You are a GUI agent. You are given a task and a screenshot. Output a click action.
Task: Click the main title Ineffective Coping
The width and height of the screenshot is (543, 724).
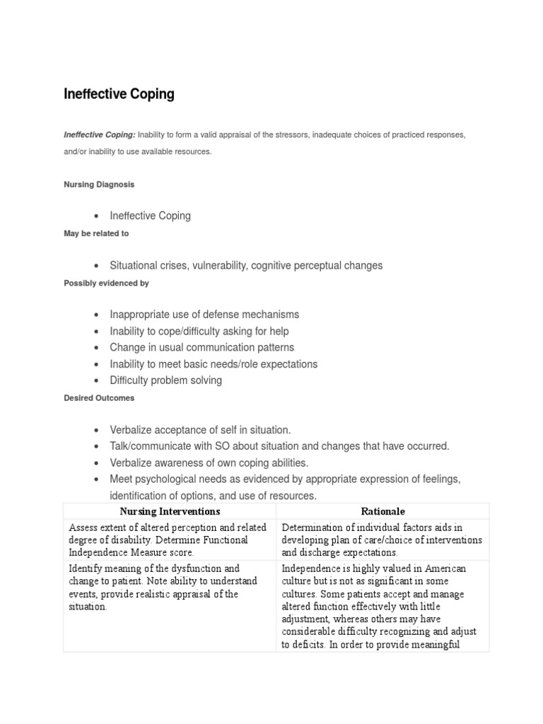119,94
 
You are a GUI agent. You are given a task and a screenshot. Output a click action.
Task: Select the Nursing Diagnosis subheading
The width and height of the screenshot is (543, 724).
99,184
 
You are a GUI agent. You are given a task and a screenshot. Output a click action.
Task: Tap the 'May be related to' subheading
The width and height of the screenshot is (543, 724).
96,233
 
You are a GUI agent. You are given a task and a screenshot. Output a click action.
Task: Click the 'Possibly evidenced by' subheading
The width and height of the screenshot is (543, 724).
106,283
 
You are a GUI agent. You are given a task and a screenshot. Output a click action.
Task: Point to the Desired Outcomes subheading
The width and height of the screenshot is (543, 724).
99,398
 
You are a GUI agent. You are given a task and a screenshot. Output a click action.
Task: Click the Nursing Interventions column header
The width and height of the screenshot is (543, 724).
170,511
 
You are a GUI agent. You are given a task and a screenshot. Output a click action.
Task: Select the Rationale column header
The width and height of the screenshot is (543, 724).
383,511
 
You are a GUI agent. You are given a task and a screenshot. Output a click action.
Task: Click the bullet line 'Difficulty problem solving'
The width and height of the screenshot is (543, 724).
165,380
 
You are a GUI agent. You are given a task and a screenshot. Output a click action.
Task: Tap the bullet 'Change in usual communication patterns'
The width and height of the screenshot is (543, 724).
202,348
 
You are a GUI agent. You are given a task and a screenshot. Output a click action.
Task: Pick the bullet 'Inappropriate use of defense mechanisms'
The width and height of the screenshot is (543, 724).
204,315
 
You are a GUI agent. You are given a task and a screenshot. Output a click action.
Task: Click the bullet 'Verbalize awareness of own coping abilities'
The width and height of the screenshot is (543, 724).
209,463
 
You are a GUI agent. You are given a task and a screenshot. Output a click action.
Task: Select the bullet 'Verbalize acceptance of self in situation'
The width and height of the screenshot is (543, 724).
200,430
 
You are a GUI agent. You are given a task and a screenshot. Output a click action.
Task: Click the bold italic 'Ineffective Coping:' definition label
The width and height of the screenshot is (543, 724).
99,134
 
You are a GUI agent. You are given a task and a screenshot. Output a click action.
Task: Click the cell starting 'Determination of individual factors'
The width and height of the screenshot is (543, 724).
382,540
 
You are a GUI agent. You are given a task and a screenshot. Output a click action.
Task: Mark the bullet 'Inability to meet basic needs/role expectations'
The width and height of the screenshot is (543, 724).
214,364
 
